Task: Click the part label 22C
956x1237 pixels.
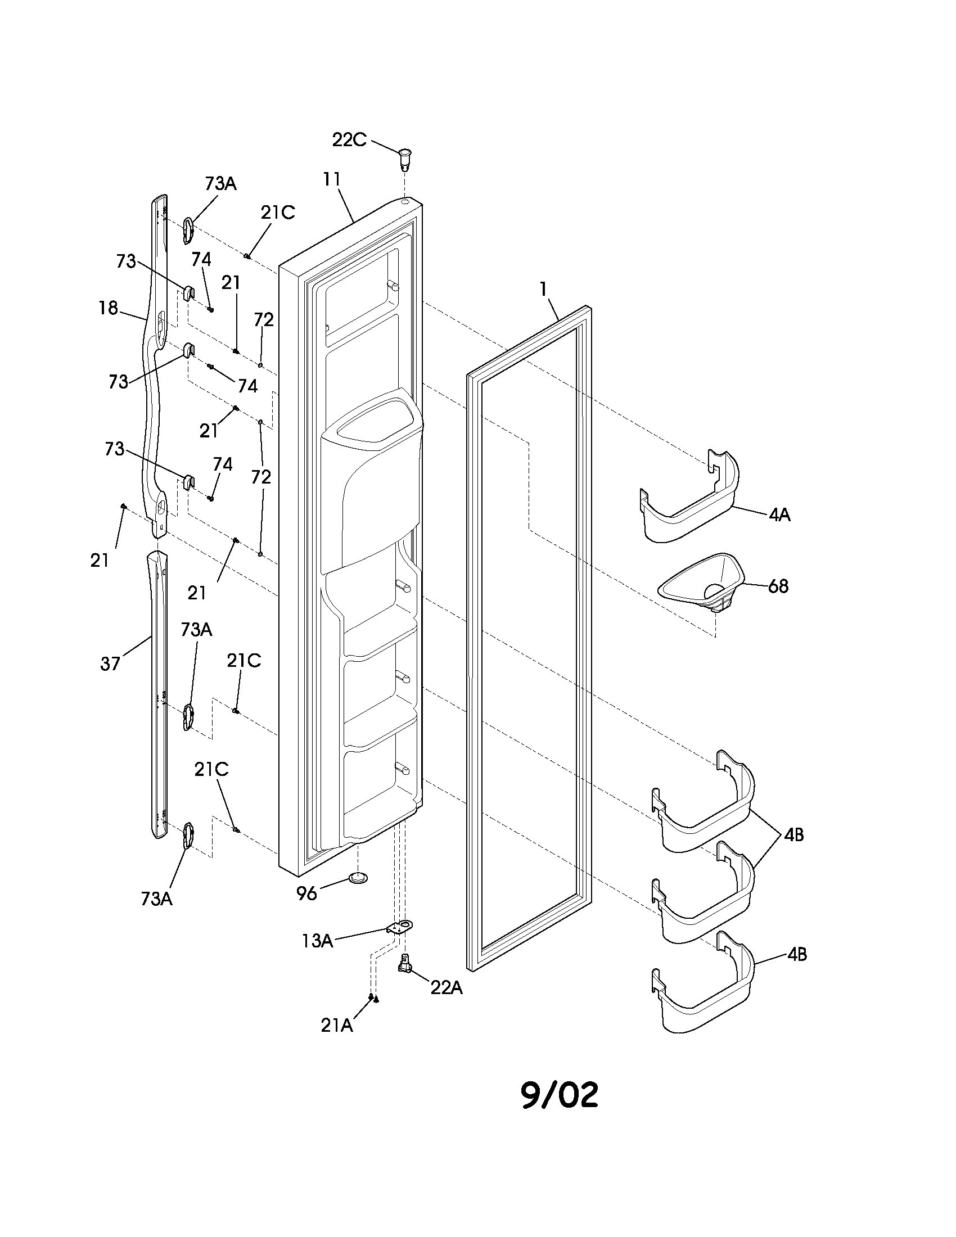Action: pos(349,139)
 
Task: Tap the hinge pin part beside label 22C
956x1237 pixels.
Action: pos(405,157)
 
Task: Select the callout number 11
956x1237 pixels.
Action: pos(331,179)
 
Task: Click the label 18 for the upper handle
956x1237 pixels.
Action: pos(108,308)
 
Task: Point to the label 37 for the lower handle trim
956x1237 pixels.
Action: pos(110,663)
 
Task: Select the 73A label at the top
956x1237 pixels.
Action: pos(220,183)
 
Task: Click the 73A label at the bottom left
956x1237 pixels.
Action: pos(156,899)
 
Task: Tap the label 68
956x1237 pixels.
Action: pos(778,586)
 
